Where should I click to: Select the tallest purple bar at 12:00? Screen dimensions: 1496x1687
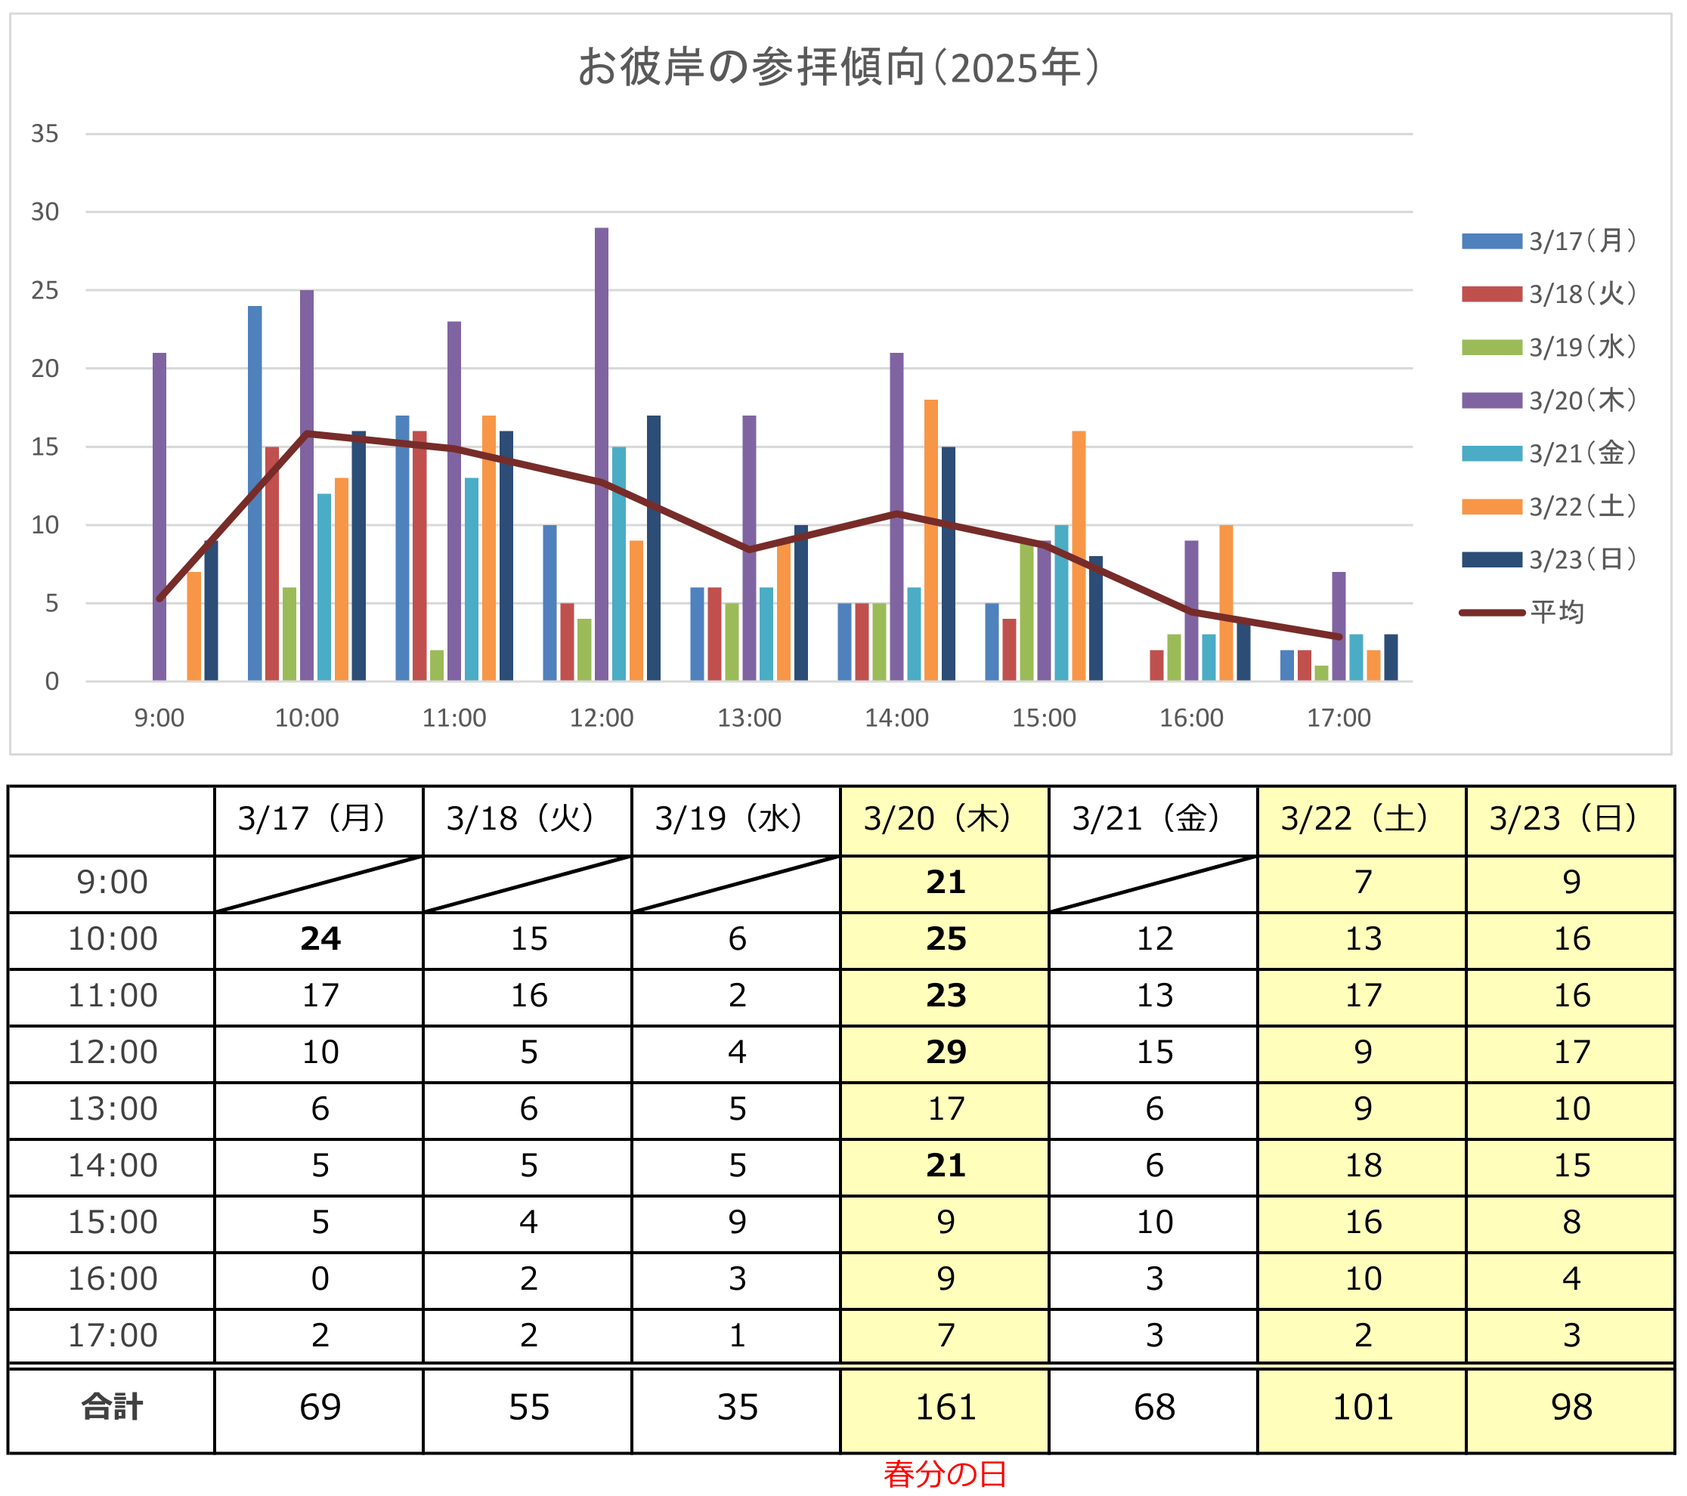(x=602, y=454)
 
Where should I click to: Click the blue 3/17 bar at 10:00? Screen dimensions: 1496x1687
(x=255, y=493)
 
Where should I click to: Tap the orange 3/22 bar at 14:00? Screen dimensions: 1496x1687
(x=931, y=540)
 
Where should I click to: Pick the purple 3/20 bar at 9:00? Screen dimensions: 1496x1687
(x=159, y=517)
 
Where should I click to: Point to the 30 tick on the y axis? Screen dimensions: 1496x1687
(x=45, y=212)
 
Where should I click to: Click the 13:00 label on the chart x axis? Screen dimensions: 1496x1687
(x=748, y=718)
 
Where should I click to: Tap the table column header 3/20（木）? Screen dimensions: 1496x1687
(x=944, y=819)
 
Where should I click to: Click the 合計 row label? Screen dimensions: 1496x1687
(x=113, y=1407)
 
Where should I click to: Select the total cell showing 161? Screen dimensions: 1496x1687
(x=945, y=1407)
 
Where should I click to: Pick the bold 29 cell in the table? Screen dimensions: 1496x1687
(x=945, y=1052)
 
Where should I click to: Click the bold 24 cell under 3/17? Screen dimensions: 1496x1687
(x=320, y=939)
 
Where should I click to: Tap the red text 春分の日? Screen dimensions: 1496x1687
(x=945, y=1474)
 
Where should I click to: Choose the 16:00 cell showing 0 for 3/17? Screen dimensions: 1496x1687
(x=320, y=1279)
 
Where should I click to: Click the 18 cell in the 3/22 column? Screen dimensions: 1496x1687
(x=1363, y=1166)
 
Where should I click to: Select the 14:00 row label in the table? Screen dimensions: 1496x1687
(x=113, y=1166)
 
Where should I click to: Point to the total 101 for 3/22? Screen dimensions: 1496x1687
(x=1363, y=1407)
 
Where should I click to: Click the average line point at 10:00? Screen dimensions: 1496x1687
(x=307, y=433)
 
